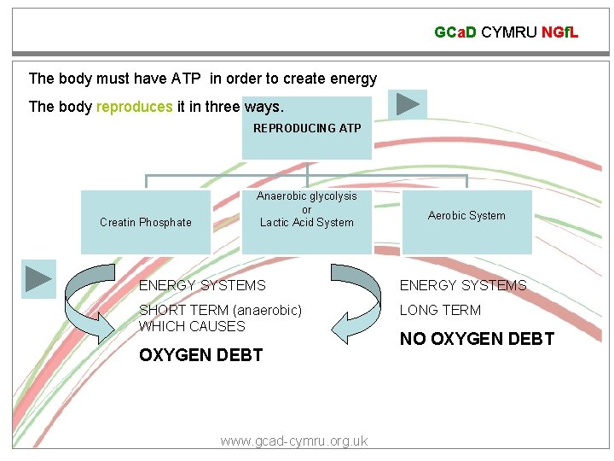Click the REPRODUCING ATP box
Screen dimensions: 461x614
[x=307, y=128]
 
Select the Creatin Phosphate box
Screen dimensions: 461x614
[x=146, y=222]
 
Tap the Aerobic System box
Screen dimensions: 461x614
[x=466, y=216]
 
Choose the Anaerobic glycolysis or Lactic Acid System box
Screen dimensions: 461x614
[x=307, y=210]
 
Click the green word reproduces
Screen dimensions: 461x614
[x=135, y=107]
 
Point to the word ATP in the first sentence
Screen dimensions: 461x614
[x=186, y=79]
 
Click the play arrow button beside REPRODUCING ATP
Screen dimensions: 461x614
[x=408, y=105]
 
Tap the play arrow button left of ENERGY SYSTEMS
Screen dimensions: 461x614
[x=38, y=279]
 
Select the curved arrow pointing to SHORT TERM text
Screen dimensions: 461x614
[x=357, y=303]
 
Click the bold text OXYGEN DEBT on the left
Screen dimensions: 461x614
[x=200, y=355]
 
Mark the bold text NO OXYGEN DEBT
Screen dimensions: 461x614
[x=477, y=339]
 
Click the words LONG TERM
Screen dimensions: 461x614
[x=440, y=310]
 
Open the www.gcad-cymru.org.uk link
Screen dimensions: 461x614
[x=293, y=441]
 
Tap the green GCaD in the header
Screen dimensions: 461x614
[x=455, y=32]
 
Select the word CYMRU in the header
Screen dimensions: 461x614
[x=509, y=32]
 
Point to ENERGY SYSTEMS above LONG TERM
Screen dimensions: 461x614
[x=463, y=285]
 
